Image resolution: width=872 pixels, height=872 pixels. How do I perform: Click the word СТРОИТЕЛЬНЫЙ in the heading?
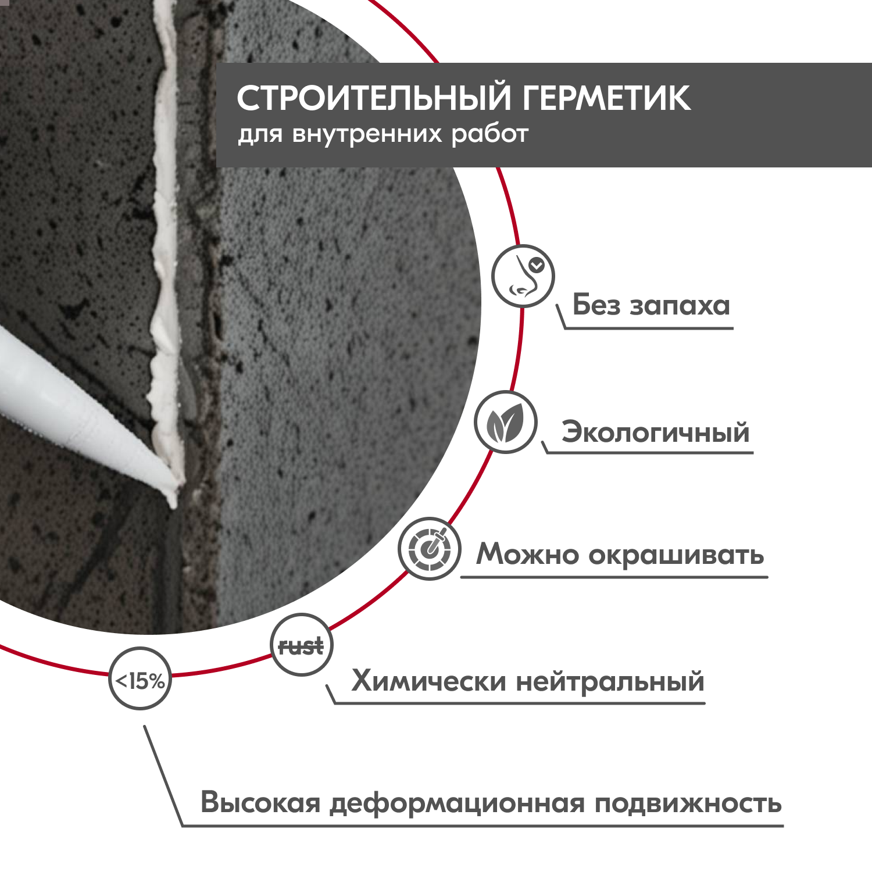pos(374,98)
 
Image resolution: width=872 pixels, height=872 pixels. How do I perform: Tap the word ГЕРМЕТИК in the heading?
pos(606,98)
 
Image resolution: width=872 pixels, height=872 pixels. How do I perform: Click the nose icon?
pos(523,276)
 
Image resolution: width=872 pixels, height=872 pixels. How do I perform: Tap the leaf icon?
pos(505,423)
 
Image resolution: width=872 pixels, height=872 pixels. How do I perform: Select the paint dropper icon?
pos(430,548)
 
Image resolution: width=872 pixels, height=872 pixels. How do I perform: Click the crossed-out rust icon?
pos(301,645)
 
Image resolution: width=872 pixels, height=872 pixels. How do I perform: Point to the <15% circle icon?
pos(140,679)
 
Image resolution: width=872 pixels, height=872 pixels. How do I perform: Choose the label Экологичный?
pos(655,433)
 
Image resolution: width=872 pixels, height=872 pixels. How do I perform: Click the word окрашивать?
pos(676,555)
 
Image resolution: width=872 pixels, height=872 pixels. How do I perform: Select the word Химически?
pos(428,681)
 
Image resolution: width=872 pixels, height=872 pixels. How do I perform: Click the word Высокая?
pos(260,803)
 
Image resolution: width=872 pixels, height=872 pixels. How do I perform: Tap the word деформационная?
pos(457,804)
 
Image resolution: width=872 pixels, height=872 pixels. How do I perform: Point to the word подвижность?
pos(688,804)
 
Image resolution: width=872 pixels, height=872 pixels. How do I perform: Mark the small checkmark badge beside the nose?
pos(537,266)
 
